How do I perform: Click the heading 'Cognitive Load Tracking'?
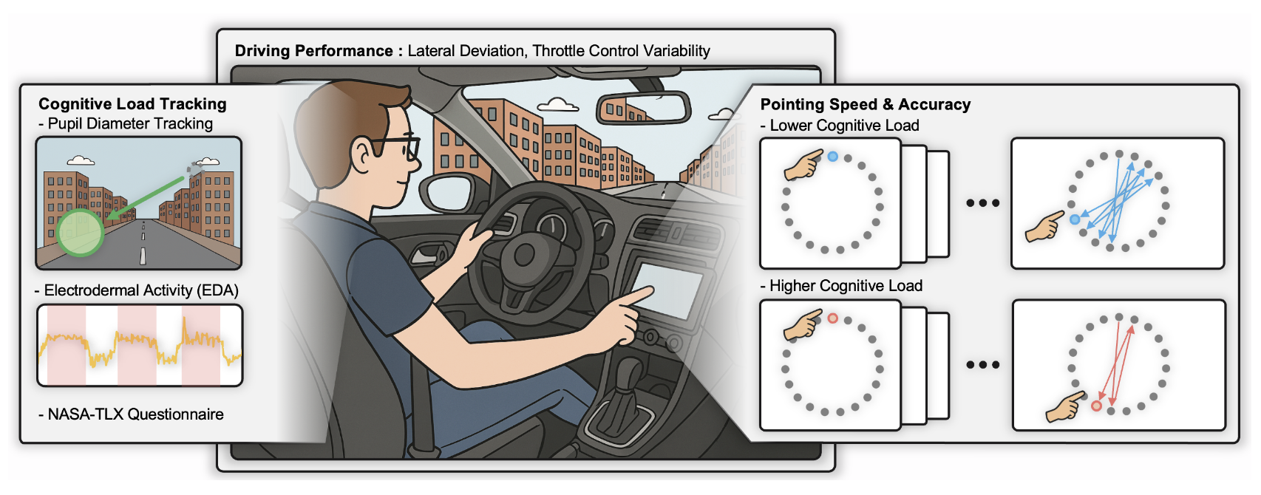point(132,104)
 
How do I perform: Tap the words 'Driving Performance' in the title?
point(313,51)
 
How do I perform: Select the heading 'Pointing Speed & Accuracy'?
point(865,105)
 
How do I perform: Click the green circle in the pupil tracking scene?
point(80,233)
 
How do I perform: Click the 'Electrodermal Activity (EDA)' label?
point(141,290)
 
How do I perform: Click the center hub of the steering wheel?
point(525,256)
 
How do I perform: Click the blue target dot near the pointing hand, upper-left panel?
point(833,157)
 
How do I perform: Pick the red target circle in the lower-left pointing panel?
point(833,318)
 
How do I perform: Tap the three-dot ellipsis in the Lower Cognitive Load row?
point(982,203)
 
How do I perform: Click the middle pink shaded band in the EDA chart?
point(137,345)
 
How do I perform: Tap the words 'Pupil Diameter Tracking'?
point(130,124)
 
